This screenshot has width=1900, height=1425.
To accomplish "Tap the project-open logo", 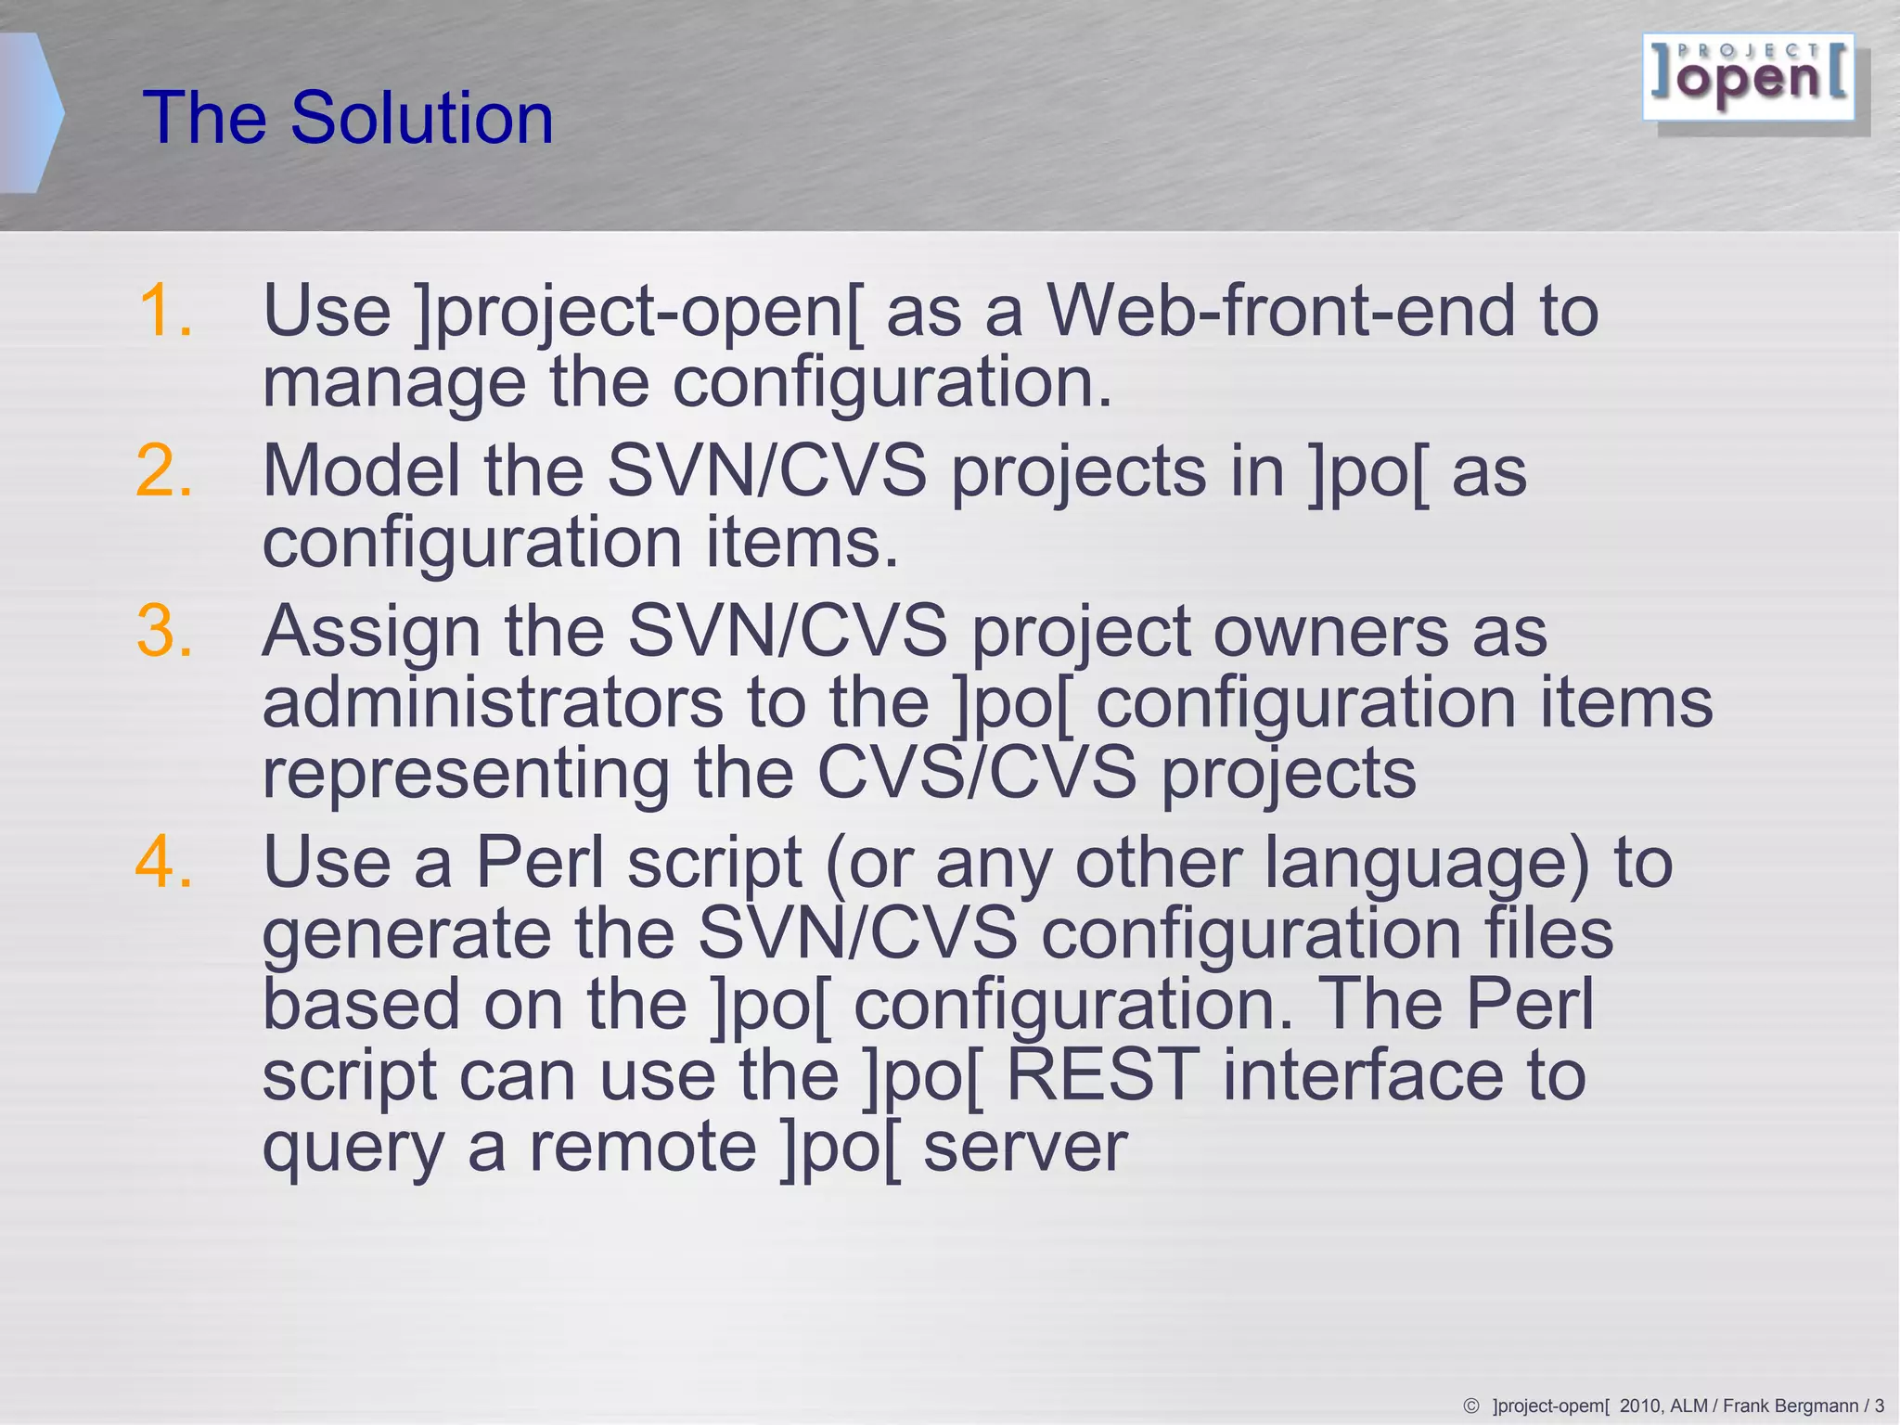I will tap(1749, 78).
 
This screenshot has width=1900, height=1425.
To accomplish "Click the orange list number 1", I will tap(164, 311).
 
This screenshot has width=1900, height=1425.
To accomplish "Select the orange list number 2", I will tap(164, 471).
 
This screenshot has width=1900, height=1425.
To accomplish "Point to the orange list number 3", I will tap(164, 632).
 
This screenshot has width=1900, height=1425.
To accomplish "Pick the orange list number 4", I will tap(164, 863).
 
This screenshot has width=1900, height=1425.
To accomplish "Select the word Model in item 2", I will tap(362, 471).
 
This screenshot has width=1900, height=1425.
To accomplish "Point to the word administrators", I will tap(492, 703).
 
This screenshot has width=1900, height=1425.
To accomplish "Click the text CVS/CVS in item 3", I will tap(976, 773).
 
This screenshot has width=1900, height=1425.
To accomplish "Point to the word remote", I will tap(643, 1147).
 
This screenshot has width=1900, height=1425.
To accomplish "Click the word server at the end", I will tap(1025, 1149).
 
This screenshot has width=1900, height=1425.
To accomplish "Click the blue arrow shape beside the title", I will tap(30, 113).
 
